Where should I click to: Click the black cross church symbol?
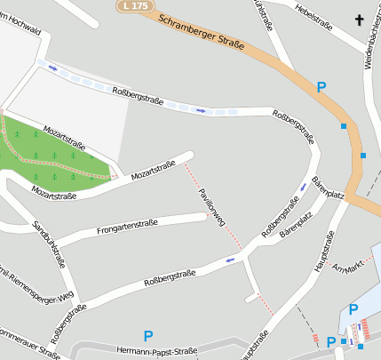tap(360, 20)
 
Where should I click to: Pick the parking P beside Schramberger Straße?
tap(321, 87)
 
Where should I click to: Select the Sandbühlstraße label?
tap(49, 244)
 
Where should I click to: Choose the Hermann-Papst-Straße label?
tap(156, 351)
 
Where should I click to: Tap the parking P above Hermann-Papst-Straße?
tap(148, 335)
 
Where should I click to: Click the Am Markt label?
tap(348, 262)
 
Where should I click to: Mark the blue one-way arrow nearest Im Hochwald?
tap(52, 68)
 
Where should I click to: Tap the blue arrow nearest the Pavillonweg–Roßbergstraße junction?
tap(232, 260)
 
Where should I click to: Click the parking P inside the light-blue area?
tap(353, 309)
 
